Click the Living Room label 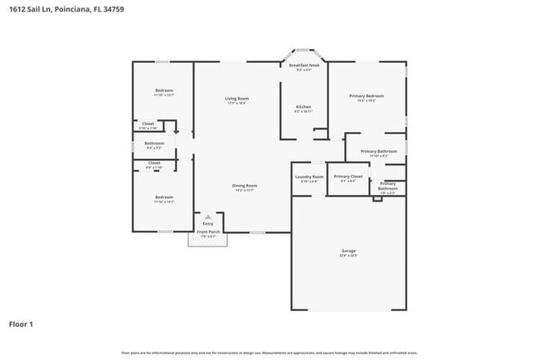[237, 99]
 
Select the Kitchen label [303, 107]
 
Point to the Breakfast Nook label [305, 65]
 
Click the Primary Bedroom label [367, 96]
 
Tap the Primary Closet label [348, 177]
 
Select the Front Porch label [207, 232]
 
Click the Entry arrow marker [207, 216]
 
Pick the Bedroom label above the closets [163, 90]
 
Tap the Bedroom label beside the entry [163, 197]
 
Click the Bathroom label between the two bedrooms [155, 144]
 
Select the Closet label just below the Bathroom [154, 163]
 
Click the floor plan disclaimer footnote [269, 353]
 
